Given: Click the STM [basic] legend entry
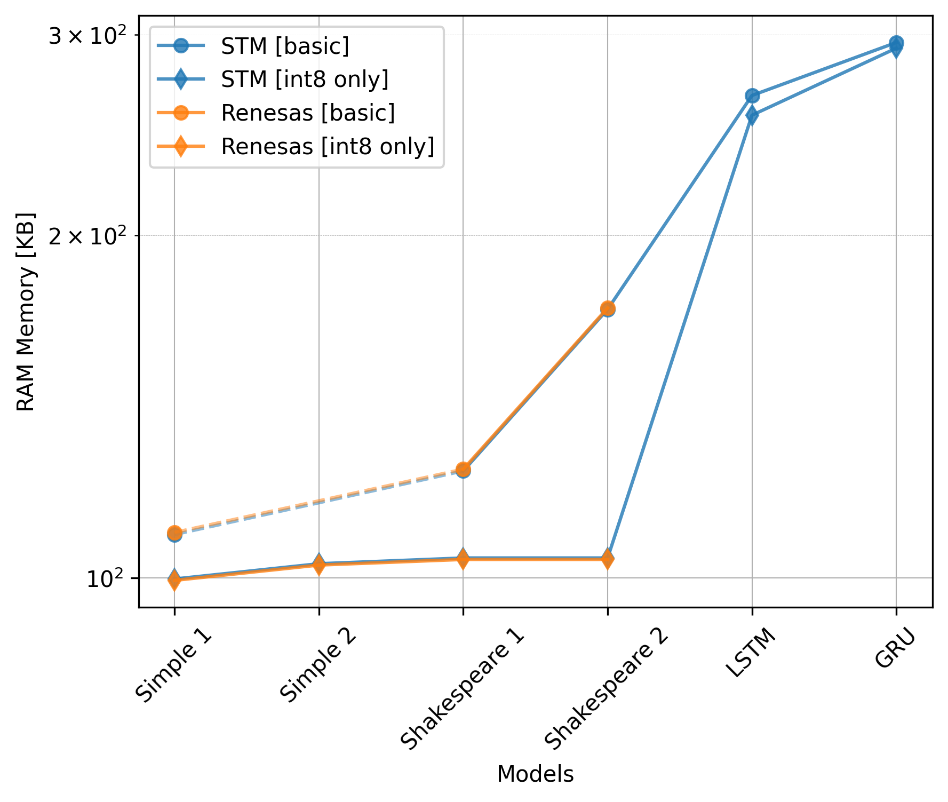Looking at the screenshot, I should point(285,46).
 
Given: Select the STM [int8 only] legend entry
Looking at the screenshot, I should point(305,80).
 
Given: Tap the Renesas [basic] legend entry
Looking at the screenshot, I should point(308,113).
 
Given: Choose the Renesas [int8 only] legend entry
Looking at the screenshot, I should point(328,146).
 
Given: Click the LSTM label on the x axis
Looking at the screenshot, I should point(751,652).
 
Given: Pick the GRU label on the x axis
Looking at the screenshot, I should point(895,648).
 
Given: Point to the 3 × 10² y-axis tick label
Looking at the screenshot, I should point(87,36).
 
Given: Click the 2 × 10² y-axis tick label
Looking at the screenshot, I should point(87,236).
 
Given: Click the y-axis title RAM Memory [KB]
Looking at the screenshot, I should point(26,312).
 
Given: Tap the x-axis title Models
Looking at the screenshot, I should point(535,774).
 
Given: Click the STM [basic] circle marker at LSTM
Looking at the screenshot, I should point(752,96).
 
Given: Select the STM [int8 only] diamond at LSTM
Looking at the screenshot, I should point(752,115).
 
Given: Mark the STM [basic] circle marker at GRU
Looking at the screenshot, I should point(896,44).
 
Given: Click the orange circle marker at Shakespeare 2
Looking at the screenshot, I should point(608,308).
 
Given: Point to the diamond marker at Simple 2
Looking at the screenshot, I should point(319,564).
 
